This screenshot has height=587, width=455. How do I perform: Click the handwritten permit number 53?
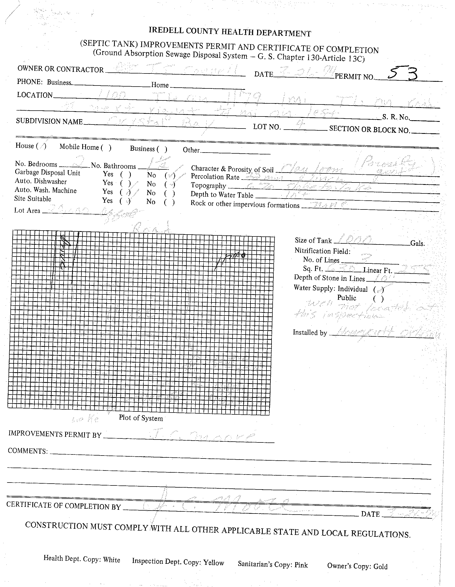[x=403, y=74]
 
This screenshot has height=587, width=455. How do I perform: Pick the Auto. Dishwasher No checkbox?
[x=170, y=185]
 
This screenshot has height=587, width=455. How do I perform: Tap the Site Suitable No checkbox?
[x=169, y=202]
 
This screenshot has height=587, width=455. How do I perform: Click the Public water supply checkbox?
[x=378, y=299]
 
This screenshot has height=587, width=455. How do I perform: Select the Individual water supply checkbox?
[x=378, y=290]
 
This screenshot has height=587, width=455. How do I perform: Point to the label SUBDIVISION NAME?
[x=49, y=121]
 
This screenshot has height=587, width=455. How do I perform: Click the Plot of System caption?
[x=141, y=418]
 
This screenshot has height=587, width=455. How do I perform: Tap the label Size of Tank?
[x=313, y=240]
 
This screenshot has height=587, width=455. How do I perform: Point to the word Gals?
[x=417, y=243]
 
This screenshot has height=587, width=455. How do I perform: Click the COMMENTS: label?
[x=28, y=451]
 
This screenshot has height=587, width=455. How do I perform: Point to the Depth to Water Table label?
[x=222, y=195]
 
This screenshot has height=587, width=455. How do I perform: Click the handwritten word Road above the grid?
[x=152, y=227]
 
